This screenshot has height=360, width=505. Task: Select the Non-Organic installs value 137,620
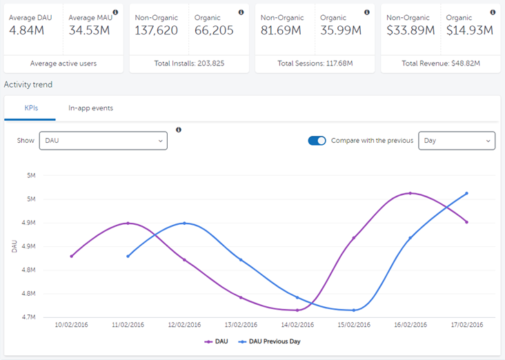(157, 30)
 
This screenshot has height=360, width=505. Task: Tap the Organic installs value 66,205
(214, 30)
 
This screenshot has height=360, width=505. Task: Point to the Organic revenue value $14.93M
(469, 30)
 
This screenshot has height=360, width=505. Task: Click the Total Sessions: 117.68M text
(315, 63)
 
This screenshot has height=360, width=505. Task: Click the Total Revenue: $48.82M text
(440, 63)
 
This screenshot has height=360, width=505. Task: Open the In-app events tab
(90, 108)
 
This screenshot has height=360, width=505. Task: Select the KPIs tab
(30, 108)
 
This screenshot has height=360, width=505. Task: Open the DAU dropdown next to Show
(103, 141)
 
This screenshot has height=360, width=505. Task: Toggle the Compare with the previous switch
(317, 141)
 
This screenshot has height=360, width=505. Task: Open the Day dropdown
(457, 141)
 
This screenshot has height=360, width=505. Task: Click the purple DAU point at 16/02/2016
(410, 193)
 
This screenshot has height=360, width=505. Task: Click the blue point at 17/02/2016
(467, 193)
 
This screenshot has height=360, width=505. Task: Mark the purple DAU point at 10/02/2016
(72, 256)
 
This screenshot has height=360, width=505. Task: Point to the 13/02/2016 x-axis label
(241, 325)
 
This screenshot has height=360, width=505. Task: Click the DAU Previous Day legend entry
(270, 341)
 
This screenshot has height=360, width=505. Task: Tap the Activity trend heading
(28, 85)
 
